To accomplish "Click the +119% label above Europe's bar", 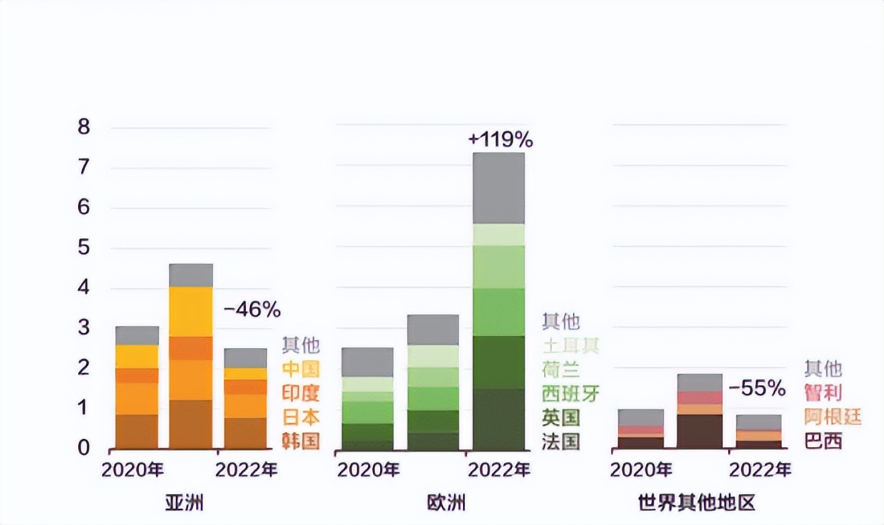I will point(500,140).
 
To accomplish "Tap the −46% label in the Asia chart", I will point(251,309).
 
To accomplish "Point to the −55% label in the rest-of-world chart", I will point(756,388).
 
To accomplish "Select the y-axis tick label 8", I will point(83,127).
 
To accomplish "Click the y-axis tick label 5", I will point(83,248).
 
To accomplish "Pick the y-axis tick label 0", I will point(83,448).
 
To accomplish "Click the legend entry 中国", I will point(300,369).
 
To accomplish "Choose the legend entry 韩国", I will point(300,441).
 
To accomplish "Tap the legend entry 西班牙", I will point(570,394).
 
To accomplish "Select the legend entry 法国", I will point(560,441).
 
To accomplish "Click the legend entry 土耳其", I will point(570,346).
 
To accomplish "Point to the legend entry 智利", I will point(822,393).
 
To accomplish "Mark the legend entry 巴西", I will point(822,441).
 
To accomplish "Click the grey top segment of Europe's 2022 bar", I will point(498,188).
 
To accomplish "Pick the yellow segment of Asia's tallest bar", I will point(191,311).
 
